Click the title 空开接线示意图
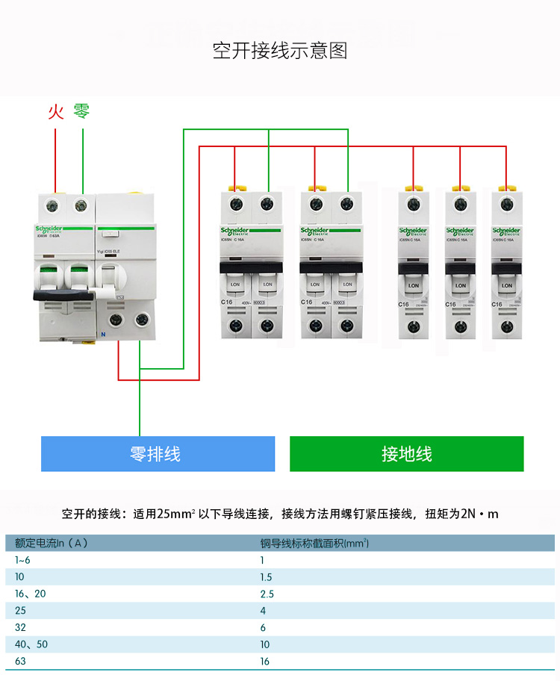pos(280,51)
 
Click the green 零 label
pos(81,112)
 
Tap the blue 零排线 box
pos(155,454)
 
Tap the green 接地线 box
pos(406,454)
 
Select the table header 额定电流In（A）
pos(52,543)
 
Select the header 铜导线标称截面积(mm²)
pos(314,543)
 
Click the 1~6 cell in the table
pos(23,560)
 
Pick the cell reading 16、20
pos(31,594)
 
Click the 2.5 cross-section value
pos(267,594)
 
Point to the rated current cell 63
pos(20,661)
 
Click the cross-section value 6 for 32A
pos(263,628)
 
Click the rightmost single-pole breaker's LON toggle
pos(507,284)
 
